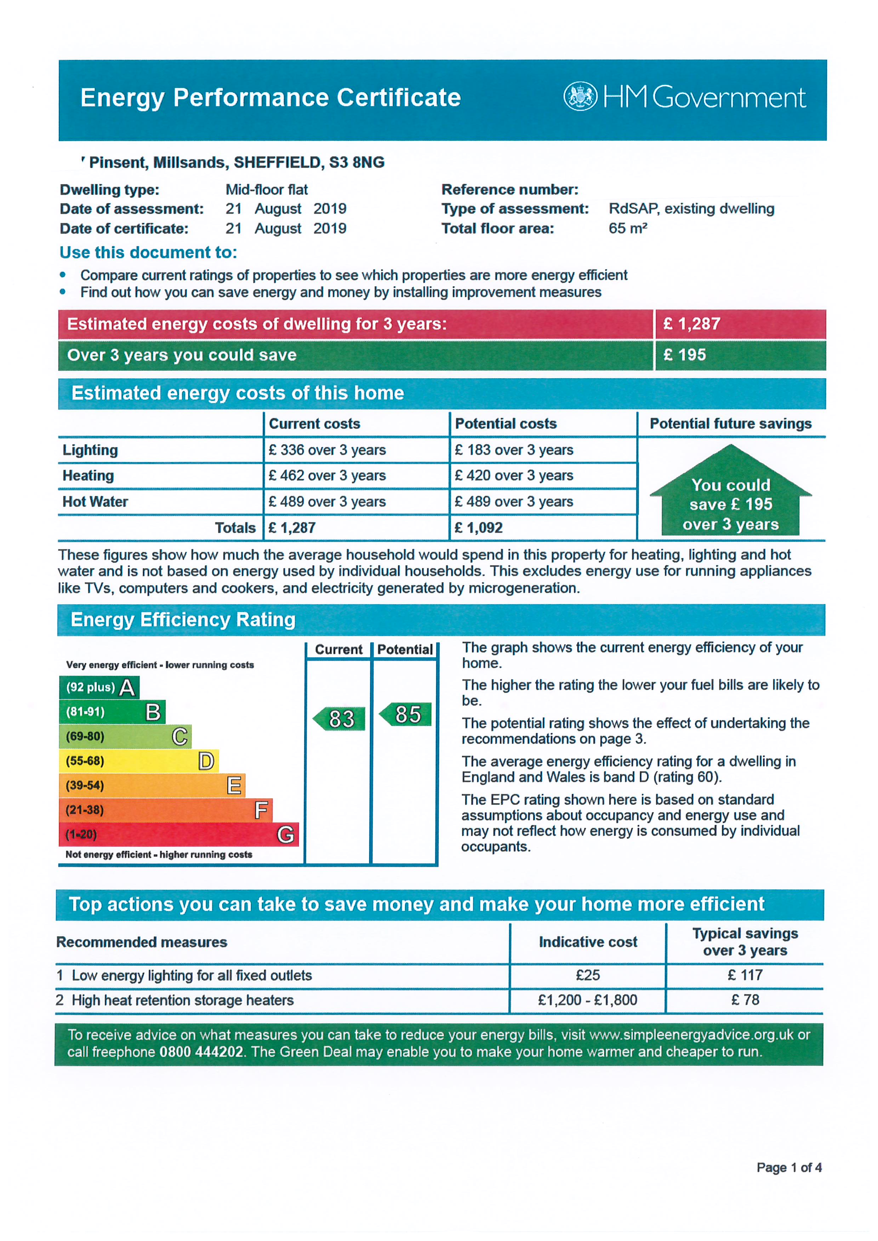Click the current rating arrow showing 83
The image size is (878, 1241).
click(x=340, y=719)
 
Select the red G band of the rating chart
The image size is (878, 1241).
click(x=178, y=835)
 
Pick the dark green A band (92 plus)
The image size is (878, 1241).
click(x=99, y=687)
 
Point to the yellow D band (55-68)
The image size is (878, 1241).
click(x=138, y=761)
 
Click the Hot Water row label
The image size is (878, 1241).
click(x=95, y=502)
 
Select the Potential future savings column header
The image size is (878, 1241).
click(x=730, y=424)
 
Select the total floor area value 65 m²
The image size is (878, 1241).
click(x=628, y=228)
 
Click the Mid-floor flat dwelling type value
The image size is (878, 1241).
click(x=267, y=190)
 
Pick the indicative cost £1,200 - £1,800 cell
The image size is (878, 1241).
click(x=587, y=1000)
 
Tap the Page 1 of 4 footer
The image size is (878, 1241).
click(x=789, y=1167)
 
